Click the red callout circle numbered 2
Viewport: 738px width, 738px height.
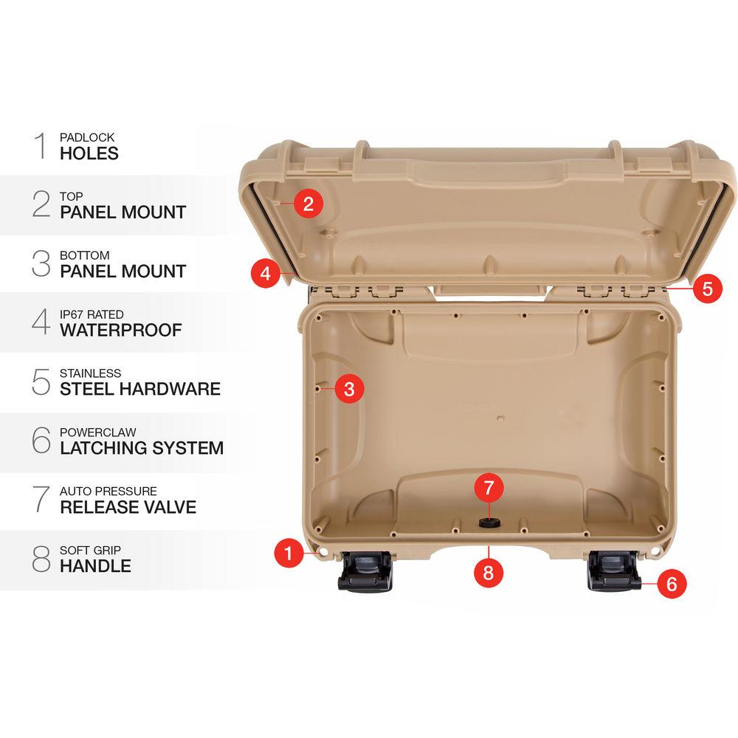click(308, 203)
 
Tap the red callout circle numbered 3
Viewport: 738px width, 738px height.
click(349, 388)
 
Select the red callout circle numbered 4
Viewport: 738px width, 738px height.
click(266, 273)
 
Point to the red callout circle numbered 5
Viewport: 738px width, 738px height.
click(707, 288)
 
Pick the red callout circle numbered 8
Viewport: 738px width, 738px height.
click(489, 570)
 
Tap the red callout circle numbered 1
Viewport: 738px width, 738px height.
click(289, 552)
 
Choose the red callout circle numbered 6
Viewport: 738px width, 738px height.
click(671, 584)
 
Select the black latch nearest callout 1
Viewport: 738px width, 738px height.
click(365, 573)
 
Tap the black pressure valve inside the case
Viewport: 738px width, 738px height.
click(488, 523)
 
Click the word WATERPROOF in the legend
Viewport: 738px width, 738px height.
click(120, 330)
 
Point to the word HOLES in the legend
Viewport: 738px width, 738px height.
click(89, 153)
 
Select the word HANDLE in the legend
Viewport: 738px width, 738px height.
click(95, 566)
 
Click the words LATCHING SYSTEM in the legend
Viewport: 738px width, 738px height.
click(142, 448)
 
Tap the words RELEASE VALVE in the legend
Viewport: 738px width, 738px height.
click(128, 507)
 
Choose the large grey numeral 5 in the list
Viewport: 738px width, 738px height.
click(41, 381)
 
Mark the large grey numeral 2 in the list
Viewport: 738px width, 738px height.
click(41, 204)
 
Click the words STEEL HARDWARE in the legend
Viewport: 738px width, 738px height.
click(140, 389)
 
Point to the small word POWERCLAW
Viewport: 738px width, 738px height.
click(98, 432)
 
